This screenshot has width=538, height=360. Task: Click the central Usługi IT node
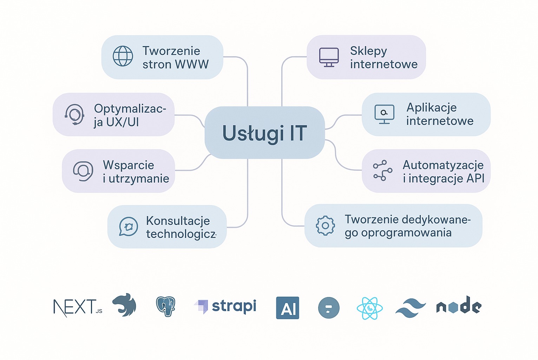pos(264,133)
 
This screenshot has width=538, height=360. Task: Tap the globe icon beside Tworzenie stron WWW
pos(123,56)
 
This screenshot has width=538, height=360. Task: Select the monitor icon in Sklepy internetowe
pos(329,57)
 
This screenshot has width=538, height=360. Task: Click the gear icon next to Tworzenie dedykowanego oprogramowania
pos(325,226)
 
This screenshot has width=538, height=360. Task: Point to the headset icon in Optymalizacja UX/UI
pos(74,114)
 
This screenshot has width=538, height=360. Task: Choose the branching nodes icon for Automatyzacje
pos(382,171)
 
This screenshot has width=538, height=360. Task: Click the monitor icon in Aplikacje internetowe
pos(384,114)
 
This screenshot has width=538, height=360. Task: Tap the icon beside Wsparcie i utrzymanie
pos(83,171)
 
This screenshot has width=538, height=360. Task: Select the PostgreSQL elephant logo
pos(166,306)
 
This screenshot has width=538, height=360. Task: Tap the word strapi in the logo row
pos(234,306)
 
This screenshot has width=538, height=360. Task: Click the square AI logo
pos(288,308)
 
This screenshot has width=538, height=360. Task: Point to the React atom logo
pos(369,308)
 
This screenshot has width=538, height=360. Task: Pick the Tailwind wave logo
pos(410,308)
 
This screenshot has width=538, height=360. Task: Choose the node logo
pos(459,306)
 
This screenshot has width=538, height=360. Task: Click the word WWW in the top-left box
pos(192,64)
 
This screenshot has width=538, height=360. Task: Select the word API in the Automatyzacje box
pos(475,178)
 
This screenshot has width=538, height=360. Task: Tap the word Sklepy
pos(368,51)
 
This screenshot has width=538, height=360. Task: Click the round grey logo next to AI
pos(329,308)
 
